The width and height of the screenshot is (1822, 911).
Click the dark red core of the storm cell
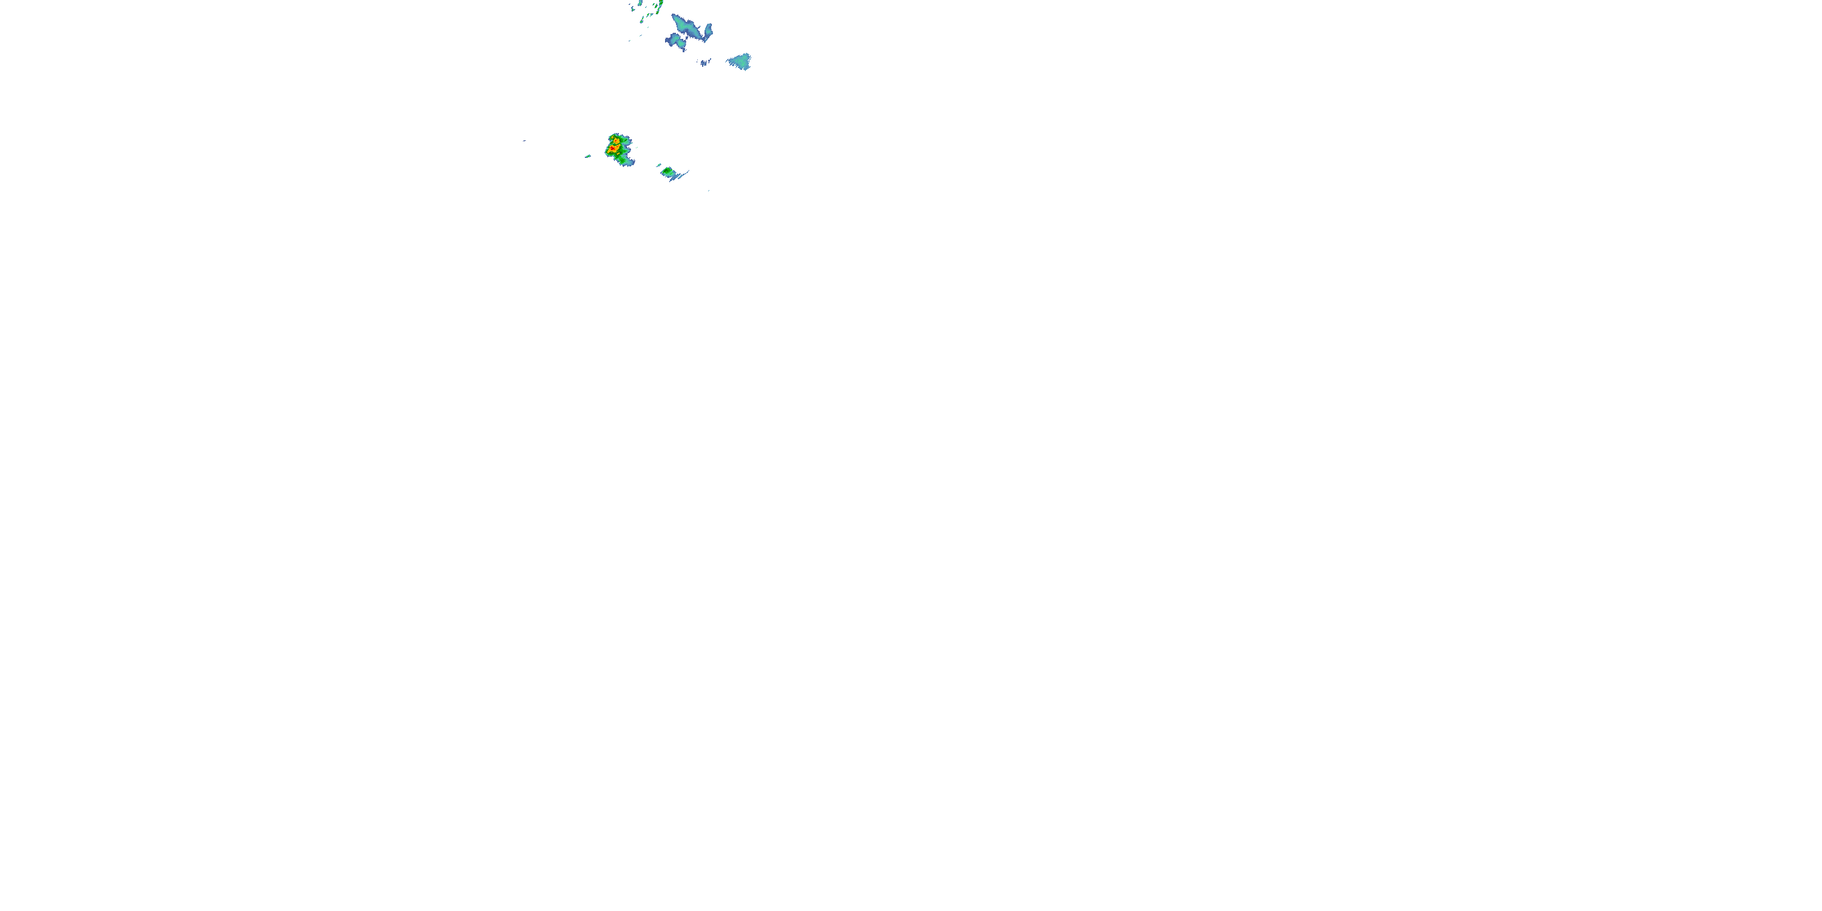[x=613, y=149]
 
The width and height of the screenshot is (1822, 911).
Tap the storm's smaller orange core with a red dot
[x=616, y=142]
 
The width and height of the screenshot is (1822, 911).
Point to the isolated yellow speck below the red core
[x=619, y=154]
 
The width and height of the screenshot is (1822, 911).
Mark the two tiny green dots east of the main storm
[x=637, y=148]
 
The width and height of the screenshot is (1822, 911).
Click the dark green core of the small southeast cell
[x=666, y=171]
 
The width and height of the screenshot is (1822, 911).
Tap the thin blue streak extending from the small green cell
[x=684, y=175]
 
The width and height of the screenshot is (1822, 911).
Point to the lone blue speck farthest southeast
[x=709, y=191]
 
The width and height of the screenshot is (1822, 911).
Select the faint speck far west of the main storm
[x=525, y=141]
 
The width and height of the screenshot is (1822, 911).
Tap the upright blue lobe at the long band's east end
[x=709, y=31]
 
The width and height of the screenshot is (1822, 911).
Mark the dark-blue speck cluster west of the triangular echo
[x=705, y=63]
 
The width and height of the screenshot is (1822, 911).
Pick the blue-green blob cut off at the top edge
[x=640, y=3]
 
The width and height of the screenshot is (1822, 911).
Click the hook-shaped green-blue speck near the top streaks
[x=633, y=9]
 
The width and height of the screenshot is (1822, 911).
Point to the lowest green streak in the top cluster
[x=642, y=21]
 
